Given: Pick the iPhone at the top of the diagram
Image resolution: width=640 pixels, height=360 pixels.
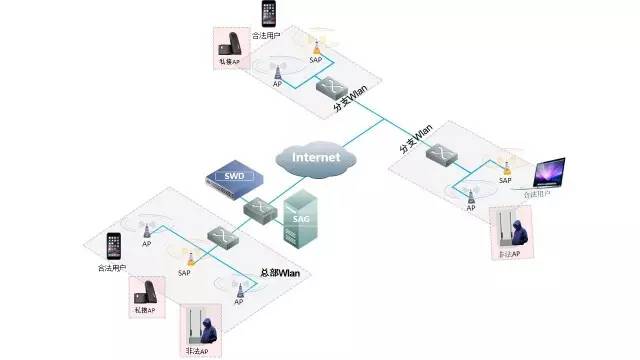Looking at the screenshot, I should click(267, 15).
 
